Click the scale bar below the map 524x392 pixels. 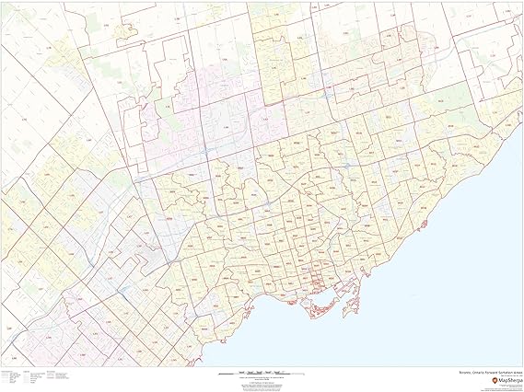[262, 373]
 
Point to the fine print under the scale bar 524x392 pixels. [262, 384]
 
